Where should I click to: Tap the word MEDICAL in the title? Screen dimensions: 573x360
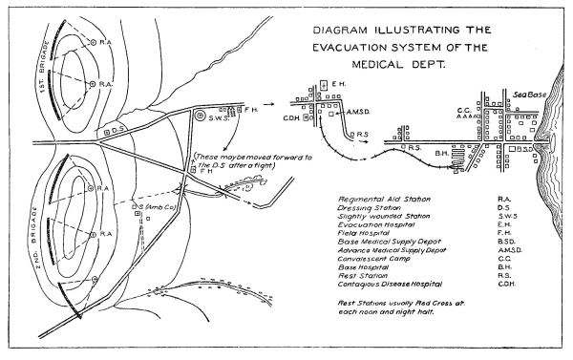(377, 65)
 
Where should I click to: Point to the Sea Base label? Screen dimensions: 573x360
(530, 95)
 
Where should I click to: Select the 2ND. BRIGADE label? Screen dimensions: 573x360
(34, 238)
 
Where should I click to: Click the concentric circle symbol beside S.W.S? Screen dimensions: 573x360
(200, 116)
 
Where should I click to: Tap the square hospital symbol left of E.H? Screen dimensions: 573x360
(324, 85)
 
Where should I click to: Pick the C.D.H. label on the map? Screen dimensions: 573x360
(291, 118)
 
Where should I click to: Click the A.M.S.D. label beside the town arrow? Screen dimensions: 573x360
(358, 112)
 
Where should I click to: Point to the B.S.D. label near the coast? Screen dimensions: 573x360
(524, 149)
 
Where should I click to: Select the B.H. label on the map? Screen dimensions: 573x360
(441, 154)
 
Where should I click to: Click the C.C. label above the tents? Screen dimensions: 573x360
(464, 110)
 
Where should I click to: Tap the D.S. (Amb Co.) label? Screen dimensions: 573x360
(154, 207)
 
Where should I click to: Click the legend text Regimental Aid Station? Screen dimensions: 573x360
(384, 200)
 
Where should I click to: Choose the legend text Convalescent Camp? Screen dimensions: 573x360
(373, 259)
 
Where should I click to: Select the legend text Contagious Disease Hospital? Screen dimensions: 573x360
(390, 284)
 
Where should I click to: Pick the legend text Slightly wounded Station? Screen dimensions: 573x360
(384, 217)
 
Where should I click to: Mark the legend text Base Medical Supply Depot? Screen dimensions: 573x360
(390, 242)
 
